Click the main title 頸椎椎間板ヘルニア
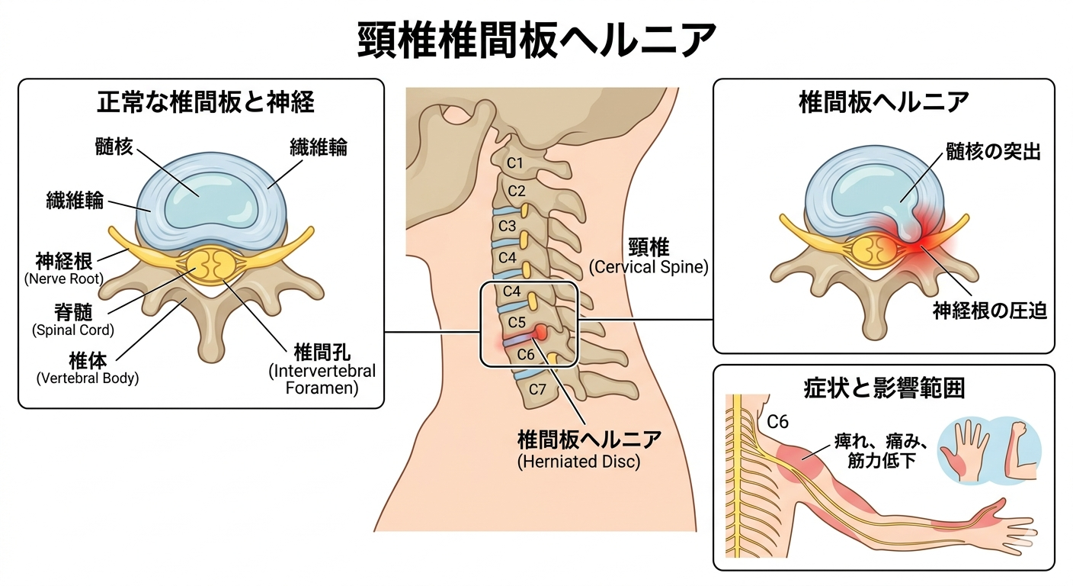[536, 40]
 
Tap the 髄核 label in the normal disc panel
[114, 145]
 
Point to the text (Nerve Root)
[63, 279]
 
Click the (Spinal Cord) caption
[72, 330]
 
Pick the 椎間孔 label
[321, 353]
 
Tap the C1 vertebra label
[516, 163]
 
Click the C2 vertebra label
[517, 191]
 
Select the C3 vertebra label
[508, 226]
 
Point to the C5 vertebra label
[517, 321]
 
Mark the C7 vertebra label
[538, 389]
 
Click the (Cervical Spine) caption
[649, 268]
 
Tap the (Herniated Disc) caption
[578, 462]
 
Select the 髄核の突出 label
[993, 151]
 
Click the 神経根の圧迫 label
[990, 310]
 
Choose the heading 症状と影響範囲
[884, 388]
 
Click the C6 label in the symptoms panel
[777, 421]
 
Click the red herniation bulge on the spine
[540, 333]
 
